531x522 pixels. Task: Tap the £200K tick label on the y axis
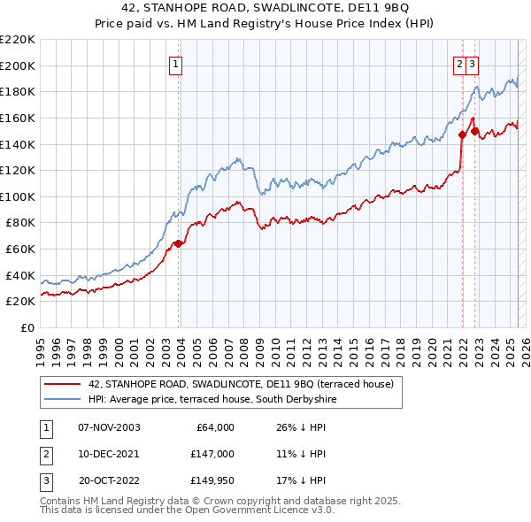(18, 65)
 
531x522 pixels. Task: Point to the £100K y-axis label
(18, 196)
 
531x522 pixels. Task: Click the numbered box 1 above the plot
(176, 64)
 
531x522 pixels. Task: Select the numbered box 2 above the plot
(460, 64)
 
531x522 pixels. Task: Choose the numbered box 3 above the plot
(473, 64)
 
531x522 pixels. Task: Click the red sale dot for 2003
(178, 243)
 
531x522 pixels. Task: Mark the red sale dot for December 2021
(462, 134)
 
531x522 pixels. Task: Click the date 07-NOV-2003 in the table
(109, 427)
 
